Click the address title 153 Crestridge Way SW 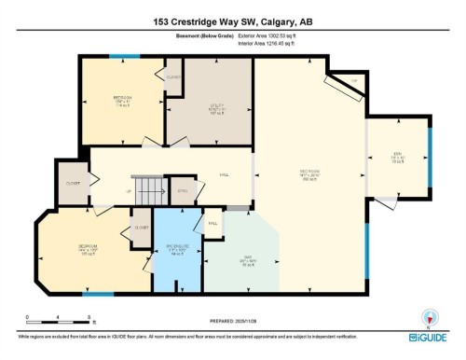[232, 21]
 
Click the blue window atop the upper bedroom [118, 56]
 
